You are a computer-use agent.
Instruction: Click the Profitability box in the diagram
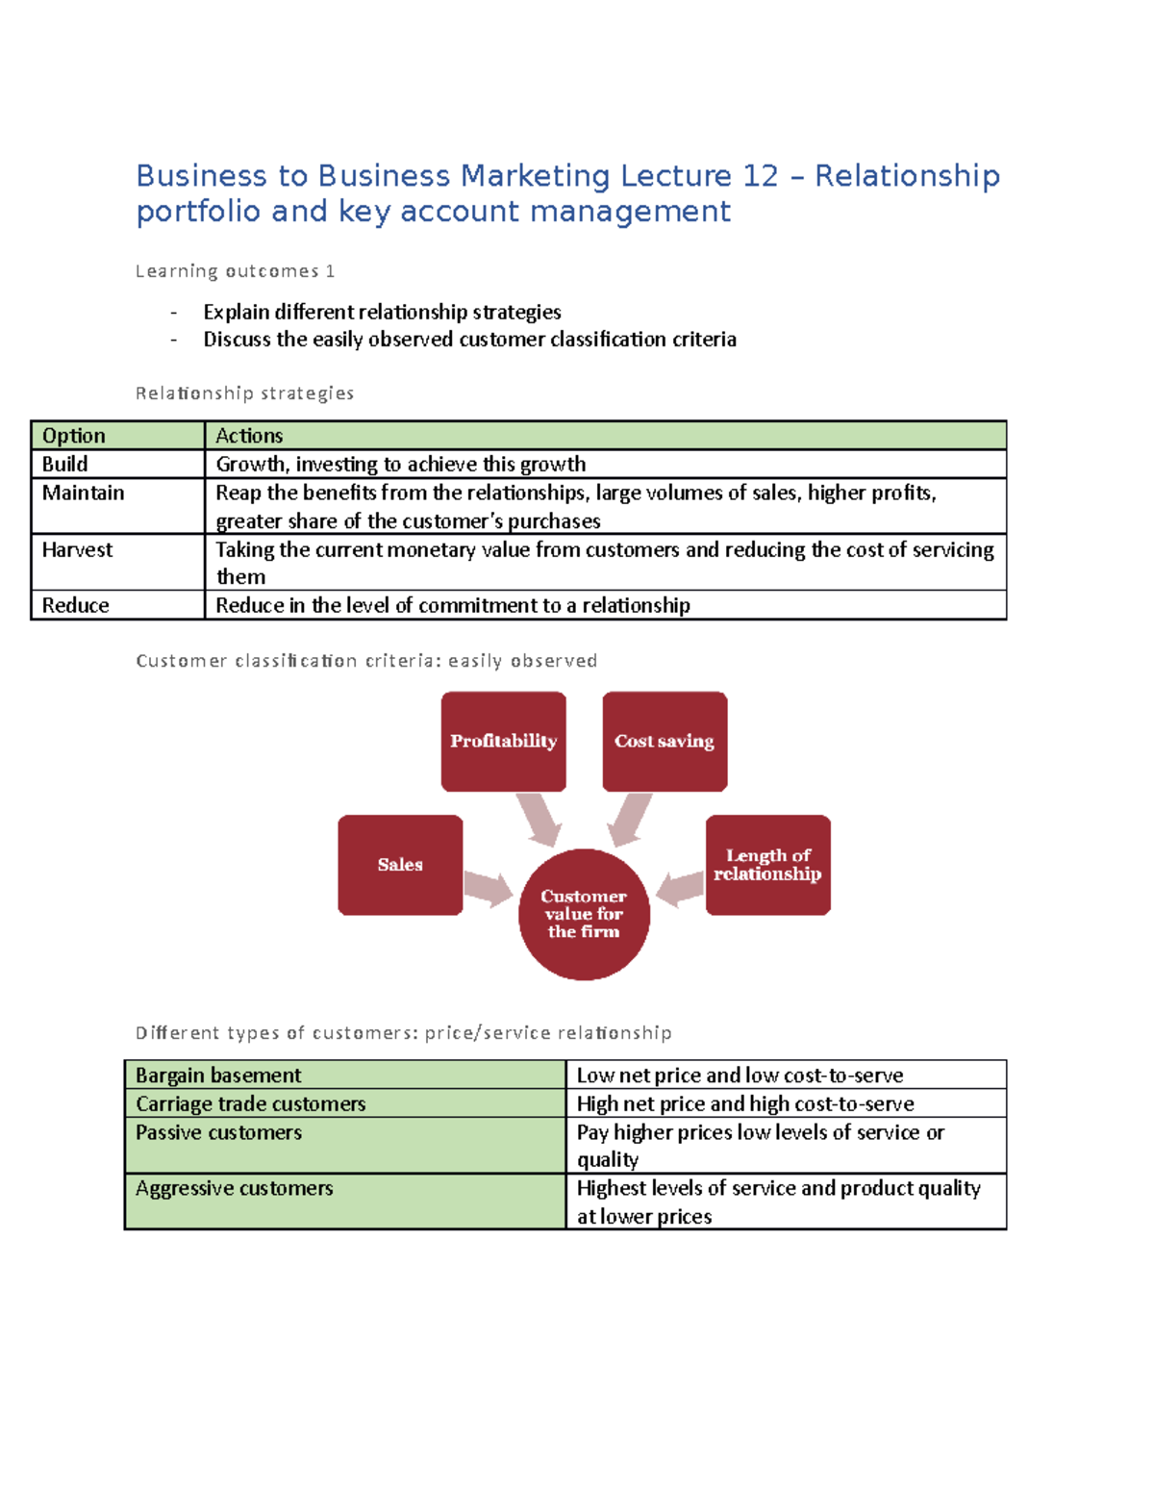[503, 741]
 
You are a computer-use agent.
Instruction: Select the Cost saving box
[665, 741]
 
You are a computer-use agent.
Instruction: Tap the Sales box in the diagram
[400, 864]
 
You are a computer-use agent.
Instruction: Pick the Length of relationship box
[767, 864]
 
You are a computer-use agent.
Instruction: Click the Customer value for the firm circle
[584, 914]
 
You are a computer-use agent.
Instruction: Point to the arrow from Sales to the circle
[489, 888]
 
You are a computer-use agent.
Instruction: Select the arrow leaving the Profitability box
[539, 819]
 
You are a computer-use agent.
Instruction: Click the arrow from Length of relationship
[681, 888]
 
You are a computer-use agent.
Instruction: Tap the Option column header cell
[74, 436]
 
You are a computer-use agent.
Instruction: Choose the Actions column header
[249, 436]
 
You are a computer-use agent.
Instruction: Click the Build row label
[65, 464]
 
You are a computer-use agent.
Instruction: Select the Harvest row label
[77, 549]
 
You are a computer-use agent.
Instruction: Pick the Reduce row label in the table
[75, 605]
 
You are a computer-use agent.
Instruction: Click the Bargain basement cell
[219, 1075]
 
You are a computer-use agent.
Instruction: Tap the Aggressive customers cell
[235, 1188]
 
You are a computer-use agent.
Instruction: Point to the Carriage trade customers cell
[251, 1103]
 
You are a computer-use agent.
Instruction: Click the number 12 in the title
[760, 176]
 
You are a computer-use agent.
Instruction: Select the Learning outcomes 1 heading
[235, 271]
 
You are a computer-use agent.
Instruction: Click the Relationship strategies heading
[244, 392]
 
